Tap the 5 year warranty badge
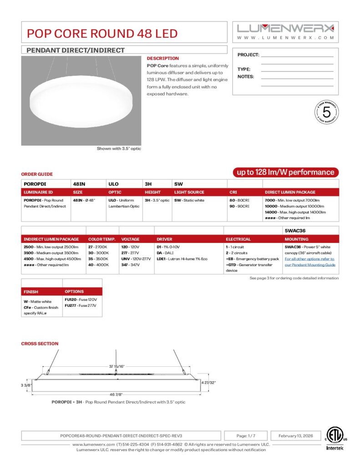(326, 112)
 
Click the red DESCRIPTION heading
(162, 58)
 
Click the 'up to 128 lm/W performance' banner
(286, 172)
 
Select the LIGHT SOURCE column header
(189, 192)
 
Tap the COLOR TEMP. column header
(102, 239)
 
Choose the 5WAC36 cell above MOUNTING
(295, 230)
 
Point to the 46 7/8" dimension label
(116, 394)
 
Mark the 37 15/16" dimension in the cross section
(117, 366)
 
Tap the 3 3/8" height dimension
(27, 385)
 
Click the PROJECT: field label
(248, 55)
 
